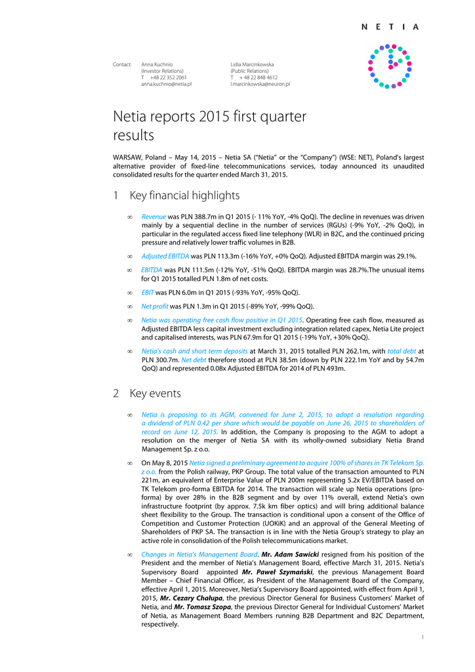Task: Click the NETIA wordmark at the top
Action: pos(390,27)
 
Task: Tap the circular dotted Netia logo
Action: pos(390,66)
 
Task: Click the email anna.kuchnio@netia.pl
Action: pos(166,84)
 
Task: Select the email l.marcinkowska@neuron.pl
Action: pos(260,84)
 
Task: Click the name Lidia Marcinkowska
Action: pos(252,64)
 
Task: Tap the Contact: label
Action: pos(122,64)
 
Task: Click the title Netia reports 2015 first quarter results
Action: pos(210,126)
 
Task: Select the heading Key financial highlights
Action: pos(184,196)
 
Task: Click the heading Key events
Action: pos(155,394)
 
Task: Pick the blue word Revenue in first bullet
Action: pos(154,216)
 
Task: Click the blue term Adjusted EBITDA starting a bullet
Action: pos(165,256)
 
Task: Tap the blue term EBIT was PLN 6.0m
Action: pos(148,293)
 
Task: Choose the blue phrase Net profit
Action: pos(155,306)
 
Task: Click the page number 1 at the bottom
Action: pos(423,637)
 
